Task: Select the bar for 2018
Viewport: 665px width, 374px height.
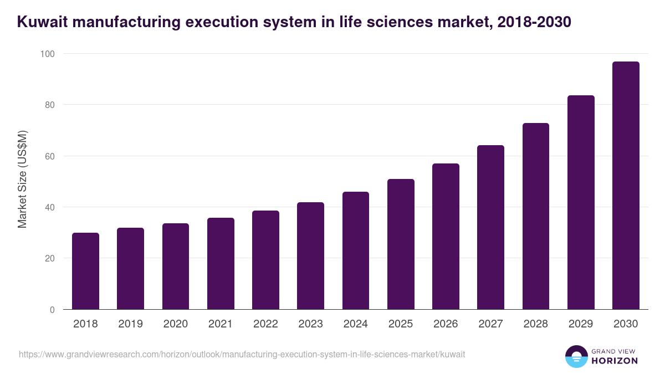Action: (x=85, y=271)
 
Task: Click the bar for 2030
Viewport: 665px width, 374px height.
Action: (x=626, y=186)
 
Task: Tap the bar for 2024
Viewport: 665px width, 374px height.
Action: (x=356, y=250)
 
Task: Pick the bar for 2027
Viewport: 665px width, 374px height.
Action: (x=490, y=227)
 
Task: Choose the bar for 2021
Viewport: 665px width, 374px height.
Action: (x=221, y=264)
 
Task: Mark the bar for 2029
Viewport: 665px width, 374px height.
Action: (x=581, y=202)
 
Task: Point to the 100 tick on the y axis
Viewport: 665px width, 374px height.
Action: (x=47, y=54)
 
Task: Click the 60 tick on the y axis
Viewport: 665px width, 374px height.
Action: (x=49, y=156)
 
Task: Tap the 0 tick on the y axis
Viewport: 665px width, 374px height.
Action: (x=52, y=310)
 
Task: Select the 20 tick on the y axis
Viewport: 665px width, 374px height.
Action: (x=49, y=258)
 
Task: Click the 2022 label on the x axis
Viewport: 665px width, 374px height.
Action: (x=265, y=324)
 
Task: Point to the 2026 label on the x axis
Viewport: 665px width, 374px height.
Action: (x=446, y=324)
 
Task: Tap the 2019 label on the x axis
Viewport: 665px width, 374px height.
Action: (x=130, y=324)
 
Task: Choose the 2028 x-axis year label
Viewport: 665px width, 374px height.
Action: (x=536, y=324)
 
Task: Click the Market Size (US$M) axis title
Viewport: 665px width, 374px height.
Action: (x=23, y=179)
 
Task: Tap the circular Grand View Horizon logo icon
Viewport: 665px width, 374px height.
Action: (x=576, y=356)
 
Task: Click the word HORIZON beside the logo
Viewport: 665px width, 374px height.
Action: (x=615, y=361)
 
